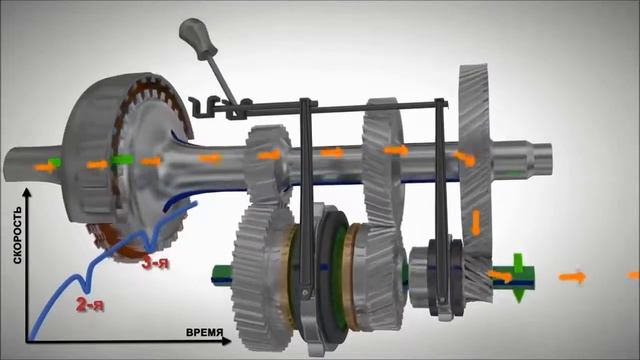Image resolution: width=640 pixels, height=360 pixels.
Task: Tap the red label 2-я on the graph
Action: pos(90,304)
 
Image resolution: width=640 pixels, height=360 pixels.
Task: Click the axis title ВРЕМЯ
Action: pos(204,332)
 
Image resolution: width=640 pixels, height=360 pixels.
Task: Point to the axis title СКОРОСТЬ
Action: pos(18,235)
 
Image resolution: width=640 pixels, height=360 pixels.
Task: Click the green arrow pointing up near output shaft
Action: pos(518,263)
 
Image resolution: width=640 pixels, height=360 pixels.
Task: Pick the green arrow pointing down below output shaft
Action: pos(519,295)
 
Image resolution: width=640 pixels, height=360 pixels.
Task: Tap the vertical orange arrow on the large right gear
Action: pos(476,222)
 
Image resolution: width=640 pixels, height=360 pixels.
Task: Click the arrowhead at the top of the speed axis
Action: pos(27,192)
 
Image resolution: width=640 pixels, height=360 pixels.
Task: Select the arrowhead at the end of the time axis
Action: pos(227,341)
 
